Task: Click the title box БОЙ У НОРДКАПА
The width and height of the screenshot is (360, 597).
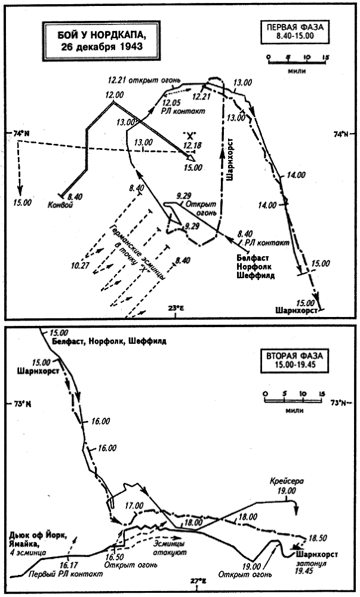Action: (94, 42)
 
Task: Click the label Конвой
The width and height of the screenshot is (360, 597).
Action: (60, 205)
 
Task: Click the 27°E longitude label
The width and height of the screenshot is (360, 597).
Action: (198, 581)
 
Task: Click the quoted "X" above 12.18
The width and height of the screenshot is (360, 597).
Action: (189, 135)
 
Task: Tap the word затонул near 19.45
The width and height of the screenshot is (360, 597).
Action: (305, 562)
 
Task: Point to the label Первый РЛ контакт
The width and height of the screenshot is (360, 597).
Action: (65, 574)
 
